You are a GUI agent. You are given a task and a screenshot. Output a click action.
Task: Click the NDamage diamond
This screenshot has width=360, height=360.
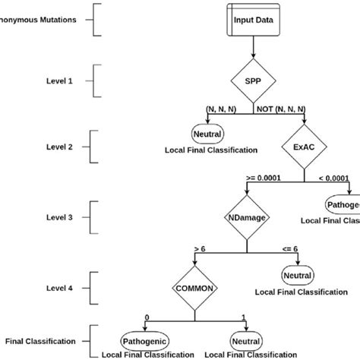click(x=245, y=216)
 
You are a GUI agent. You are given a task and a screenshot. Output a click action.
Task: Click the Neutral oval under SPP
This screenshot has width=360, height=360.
click(x=202, y=134)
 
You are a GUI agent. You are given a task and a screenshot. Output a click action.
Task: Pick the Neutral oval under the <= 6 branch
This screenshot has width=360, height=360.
click(x=292, y=273)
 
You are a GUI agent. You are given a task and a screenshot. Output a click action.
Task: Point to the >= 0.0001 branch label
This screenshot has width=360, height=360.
click(x=262, y=177)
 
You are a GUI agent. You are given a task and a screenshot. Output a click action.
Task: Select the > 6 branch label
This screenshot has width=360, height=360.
click(x=201, y=248)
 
